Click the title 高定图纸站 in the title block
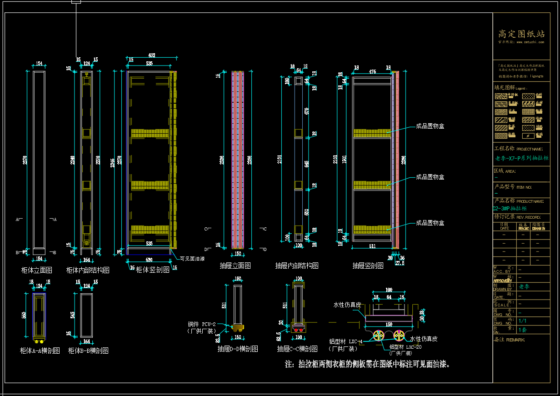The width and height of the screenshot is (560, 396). pos(521,34)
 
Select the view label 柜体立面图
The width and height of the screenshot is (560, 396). pos(37,270)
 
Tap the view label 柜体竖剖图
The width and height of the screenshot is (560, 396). pos(153,270)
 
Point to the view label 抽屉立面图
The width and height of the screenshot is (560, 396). pos(235,266)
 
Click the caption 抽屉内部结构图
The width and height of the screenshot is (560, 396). pos(297,266)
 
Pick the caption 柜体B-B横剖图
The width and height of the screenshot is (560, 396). pos(88,351)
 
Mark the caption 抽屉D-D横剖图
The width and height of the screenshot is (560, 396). pos(238,349)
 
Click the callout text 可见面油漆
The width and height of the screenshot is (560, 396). pos(193,259)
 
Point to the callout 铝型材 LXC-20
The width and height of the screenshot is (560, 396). pos(405,347)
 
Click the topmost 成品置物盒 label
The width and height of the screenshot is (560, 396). pos(430,126)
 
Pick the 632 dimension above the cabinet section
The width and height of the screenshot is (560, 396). pos(151,55)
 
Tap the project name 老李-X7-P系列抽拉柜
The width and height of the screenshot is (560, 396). pos(521,158)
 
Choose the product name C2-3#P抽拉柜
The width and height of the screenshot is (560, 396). pos(510,208)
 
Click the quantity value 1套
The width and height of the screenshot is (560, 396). pos(523,329)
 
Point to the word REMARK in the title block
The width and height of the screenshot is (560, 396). pos(516,340)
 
